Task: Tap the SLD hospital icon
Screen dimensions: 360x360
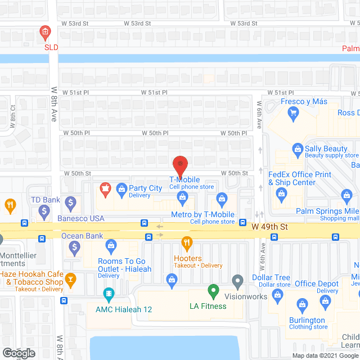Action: point(44,34)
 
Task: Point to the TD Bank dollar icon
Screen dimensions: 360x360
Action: point(71,201)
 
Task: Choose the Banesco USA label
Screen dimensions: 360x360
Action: point(81,218)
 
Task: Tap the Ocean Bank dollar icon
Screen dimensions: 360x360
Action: point(74,246)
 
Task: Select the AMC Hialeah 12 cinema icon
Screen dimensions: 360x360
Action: point(109,293)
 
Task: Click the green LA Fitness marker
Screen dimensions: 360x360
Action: point(213,291)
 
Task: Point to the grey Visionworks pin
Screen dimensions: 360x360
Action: point(237,280)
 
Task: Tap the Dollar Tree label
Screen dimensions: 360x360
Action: point(271,277)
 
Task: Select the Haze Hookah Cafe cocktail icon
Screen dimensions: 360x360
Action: point(70,278)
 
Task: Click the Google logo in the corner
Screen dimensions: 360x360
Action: point(19,353)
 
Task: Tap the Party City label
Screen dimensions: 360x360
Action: point(146,188)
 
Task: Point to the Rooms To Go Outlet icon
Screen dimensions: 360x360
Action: point(111,245)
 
